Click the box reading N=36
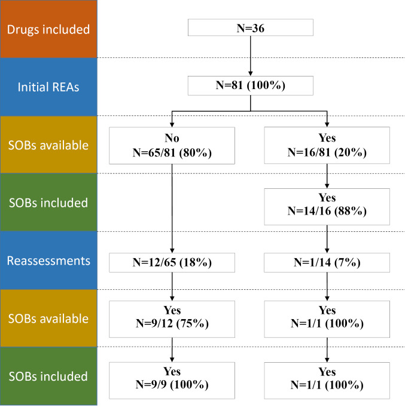(249, 27)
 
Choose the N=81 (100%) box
(249, 85)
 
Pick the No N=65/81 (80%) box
(172, 144)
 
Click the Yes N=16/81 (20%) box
(327, 144)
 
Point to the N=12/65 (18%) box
(172, 261)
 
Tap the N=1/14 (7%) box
(327, 261)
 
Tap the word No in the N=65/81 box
(172, 137)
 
